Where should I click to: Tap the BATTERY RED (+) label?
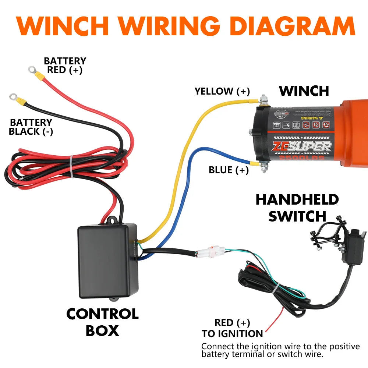65,66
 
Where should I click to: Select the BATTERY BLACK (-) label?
31,127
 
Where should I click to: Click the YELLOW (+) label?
222,91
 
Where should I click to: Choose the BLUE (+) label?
229,170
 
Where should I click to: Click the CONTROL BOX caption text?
102,322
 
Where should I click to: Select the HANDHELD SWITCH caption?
297,208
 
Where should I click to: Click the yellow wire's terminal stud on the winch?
263,100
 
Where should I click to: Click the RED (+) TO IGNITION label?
232,328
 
